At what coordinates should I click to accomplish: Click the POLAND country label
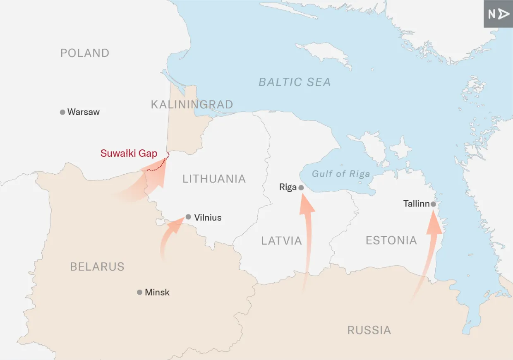85,53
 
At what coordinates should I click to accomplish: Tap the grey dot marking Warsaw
62,112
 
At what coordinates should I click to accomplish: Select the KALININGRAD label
192,104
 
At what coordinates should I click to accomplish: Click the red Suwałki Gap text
129,154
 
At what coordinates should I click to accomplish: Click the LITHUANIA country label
214,179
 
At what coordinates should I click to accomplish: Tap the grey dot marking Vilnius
188,217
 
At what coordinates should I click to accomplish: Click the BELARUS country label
97,267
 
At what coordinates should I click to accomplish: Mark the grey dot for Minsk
139,292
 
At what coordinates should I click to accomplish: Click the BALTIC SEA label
295,82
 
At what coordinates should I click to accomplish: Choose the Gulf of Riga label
340,174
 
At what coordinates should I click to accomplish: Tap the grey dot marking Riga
301,187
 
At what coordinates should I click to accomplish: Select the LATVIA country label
281,241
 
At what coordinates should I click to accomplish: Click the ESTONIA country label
391,240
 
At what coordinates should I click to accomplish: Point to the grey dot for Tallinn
433,204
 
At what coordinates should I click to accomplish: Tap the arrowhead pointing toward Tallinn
434,223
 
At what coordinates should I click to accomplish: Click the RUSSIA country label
369,330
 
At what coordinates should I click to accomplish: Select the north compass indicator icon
498,14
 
